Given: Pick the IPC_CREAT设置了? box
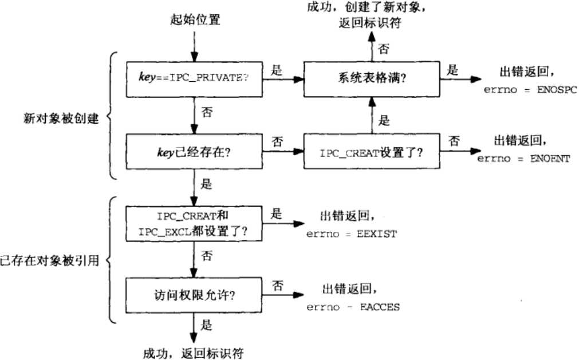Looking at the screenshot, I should click(372, 153).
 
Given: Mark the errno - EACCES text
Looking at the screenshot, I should click(353, 307).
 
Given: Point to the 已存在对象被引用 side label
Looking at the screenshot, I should click(50, 262).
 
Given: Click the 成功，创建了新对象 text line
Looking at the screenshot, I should click(372, 7).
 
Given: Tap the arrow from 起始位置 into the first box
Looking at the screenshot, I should click(195, 47).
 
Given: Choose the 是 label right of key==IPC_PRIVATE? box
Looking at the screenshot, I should click(275, 70).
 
